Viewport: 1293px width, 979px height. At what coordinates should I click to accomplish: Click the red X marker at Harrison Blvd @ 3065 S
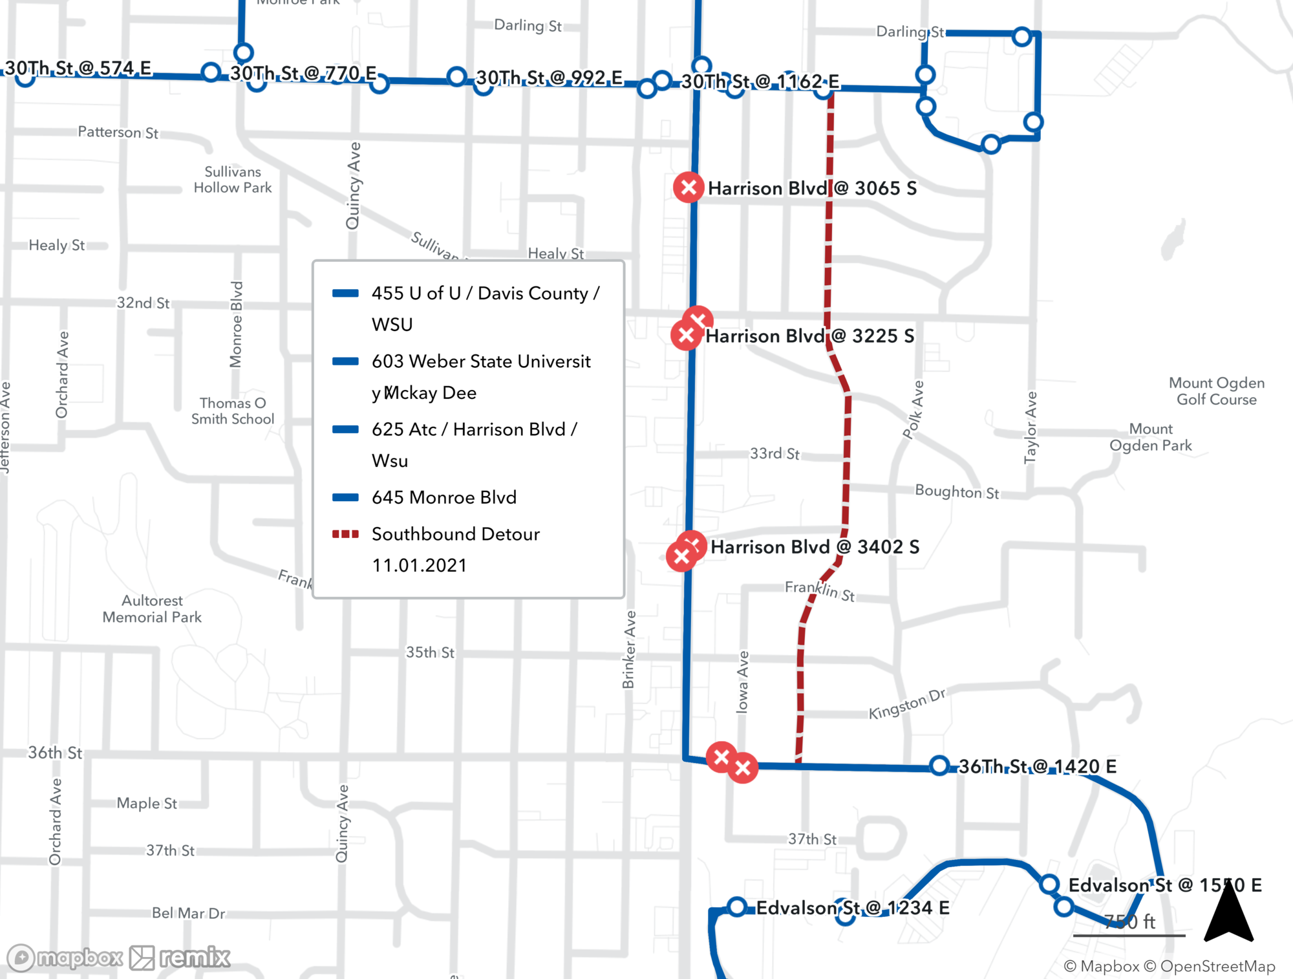(x=689, y=188)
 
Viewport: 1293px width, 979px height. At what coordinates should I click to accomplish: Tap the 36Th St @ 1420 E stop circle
(x=939, y=766)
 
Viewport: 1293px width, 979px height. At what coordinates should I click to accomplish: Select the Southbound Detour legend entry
(x=455, y=534)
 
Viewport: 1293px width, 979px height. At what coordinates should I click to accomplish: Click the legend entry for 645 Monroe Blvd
(x=443, y=497)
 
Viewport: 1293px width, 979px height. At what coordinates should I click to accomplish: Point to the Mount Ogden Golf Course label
(x=1216, y=391)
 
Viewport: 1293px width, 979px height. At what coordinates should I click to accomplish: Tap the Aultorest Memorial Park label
(x=152, y=609)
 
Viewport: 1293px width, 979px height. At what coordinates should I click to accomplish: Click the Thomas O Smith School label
(x=233, y=411)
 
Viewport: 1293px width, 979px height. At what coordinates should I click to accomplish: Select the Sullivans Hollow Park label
(x=233, y=180)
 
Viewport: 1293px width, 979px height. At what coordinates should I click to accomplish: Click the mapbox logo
(x=65, y=958)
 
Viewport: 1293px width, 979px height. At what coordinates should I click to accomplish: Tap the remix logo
(x=180, y=958)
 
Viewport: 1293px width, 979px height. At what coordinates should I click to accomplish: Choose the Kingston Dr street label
(x=906, y=704)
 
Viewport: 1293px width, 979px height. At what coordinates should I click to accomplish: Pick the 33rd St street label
(x=775, y=453)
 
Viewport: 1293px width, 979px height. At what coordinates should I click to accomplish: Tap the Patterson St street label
(x=118, y=132)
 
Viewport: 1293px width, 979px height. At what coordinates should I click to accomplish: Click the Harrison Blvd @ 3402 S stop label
(x=815, y=547)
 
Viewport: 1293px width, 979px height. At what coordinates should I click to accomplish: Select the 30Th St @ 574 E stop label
(x=78, y=68)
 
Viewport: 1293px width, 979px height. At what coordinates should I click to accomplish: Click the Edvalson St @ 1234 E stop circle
(x=737, y=907)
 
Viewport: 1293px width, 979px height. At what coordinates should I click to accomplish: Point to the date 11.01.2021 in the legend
(x=419, y=565)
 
